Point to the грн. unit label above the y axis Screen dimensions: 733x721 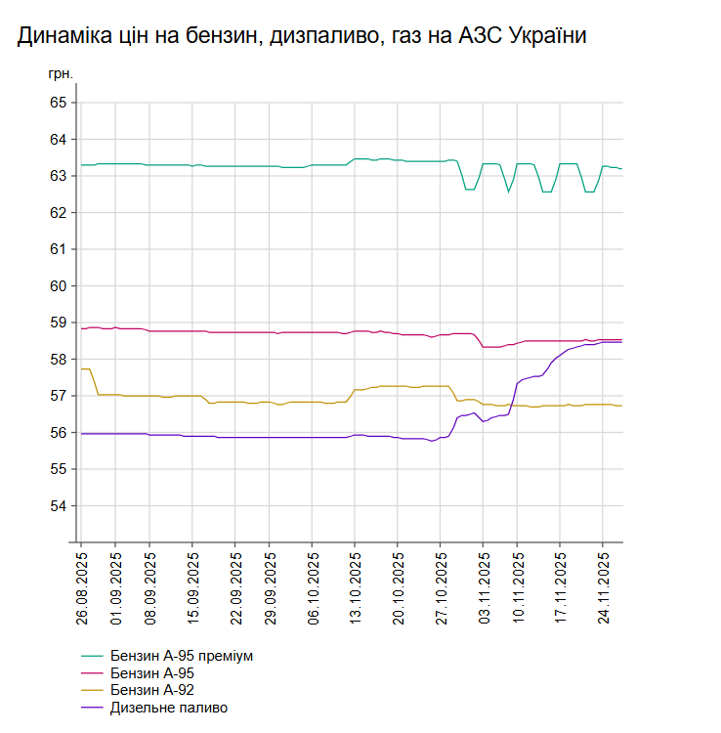60,73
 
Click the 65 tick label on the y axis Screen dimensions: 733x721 58,103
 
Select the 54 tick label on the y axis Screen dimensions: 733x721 58,506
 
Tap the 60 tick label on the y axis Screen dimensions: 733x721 58,286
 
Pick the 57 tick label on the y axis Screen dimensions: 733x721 58,396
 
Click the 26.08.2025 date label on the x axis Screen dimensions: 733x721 82,590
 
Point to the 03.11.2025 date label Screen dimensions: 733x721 483,590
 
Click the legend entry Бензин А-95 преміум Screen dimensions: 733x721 182,655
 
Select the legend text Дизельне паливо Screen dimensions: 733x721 169,708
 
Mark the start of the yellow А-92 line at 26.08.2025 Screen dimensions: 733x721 82,368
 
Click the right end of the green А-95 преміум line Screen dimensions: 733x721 622,169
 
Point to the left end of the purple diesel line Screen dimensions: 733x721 82,433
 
